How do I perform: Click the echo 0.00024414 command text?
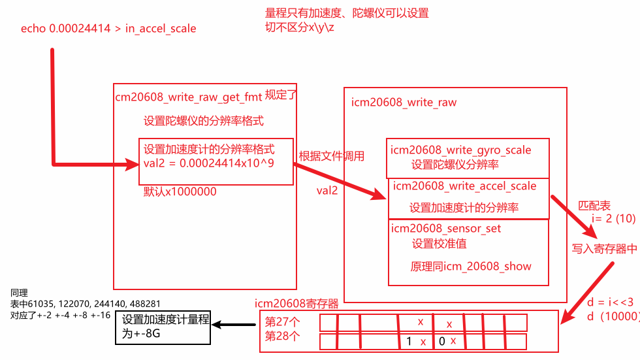[108, 28]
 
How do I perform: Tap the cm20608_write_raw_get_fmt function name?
[187, 97]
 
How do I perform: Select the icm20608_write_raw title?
[404, 102]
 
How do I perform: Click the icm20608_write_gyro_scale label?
[460, 150]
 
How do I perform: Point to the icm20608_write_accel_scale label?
[464, 186]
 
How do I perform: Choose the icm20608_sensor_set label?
[445, 229]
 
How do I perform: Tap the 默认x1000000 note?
[180, 192]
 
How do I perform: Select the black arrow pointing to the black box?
[235, 325]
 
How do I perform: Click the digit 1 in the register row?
[409, 341]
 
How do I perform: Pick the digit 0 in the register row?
[442, 341]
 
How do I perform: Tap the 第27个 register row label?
[282, 322]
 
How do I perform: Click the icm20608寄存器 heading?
[296, 304]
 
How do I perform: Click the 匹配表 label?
[594, 205]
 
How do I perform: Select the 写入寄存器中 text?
[604, 248]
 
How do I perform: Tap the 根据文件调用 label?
[331, 156]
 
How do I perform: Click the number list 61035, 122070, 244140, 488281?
[86, 304]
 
